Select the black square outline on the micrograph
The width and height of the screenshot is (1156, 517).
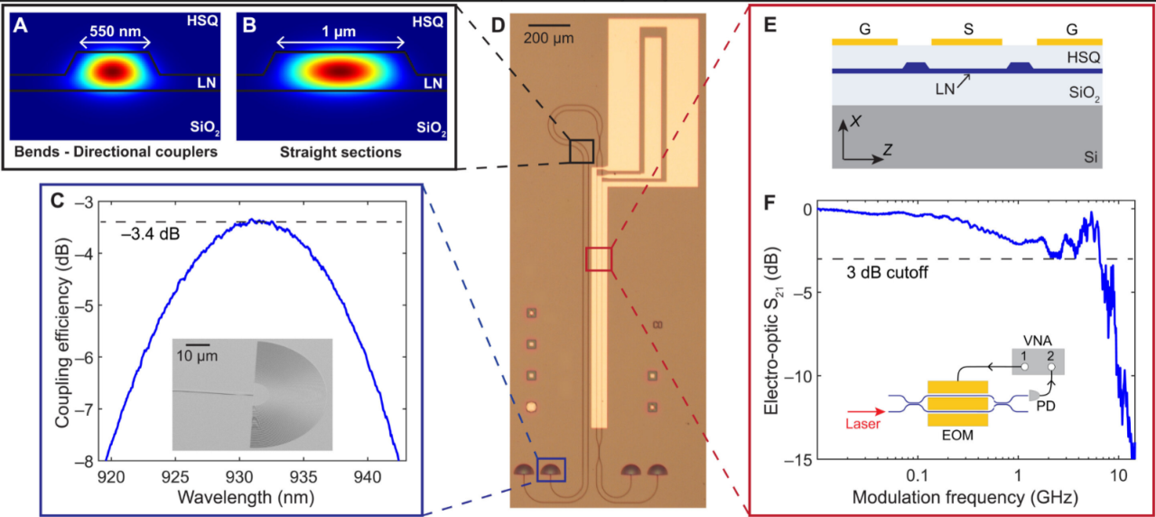pyautogui.click(x=581, y=151)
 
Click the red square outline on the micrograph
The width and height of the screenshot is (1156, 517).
pyautogui.click(x=599, y=258)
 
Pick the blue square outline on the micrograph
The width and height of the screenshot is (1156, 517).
pyautogui.click(x=551, y=470)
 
